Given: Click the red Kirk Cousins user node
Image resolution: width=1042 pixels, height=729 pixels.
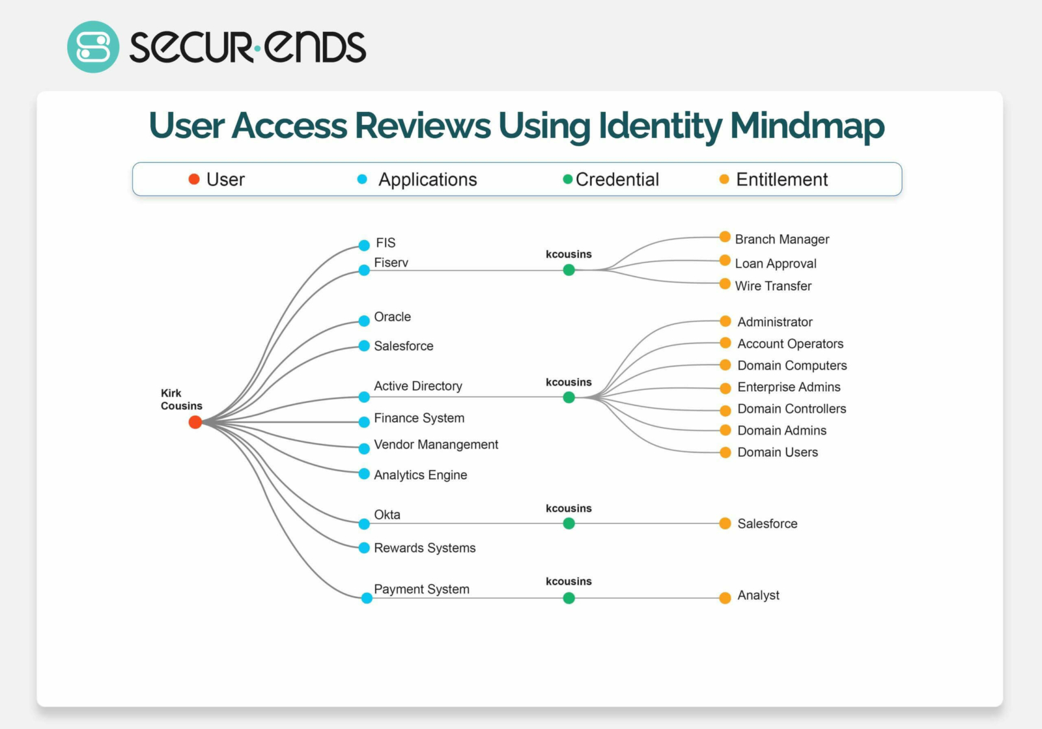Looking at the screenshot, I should click(195, 422).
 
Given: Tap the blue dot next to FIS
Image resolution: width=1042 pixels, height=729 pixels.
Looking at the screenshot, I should click(364, 245).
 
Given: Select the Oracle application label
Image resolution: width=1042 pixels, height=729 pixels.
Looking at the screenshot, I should click(392, 317).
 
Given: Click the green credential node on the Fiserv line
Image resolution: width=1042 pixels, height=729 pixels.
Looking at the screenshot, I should click(569, 269).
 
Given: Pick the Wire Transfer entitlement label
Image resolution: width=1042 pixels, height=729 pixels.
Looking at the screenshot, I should click(773, 286).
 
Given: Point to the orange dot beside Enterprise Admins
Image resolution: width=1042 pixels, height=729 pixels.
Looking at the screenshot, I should click(725, 388).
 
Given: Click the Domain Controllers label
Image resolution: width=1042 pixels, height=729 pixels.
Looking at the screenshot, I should click(791, 409).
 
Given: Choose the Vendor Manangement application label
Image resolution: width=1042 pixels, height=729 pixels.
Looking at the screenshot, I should click(436, 445).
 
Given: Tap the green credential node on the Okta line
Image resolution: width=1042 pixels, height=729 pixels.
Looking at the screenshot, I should click(569, 523).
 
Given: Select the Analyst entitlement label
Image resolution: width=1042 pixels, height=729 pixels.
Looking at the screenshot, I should click(758, 595).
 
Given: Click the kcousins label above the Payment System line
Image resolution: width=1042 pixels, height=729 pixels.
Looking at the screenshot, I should click(569, 581).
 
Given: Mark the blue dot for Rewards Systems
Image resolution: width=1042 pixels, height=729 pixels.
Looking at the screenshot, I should click(364, 548).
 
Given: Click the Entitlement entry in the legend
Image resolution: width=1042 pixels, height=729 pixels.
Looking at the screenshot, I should click(781, 180).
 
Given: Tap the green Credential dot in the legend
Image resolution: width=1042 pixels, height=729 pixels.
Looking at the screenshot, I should click(567, 179).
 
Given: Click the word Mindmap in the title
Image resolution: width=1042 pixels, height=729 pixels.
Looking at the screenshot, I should click(807, 126).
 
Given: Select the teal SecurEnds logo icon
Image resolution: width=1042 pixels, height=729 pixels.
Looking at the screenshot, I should click(93, 47).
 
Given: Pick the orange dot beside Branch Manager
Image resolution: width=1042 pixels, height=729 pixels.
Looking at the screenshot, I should click(725, 237).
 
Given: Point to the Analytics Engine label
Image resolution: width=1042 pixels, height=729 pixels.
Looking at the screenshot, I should click(420, 475).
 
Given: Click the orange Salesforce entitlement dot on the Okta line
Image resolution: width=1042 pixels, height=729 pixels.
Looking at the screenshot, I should click(725, 523).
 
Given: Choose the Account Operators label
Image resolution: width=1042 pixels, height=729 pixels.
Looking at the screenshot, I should click(790, 344).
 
